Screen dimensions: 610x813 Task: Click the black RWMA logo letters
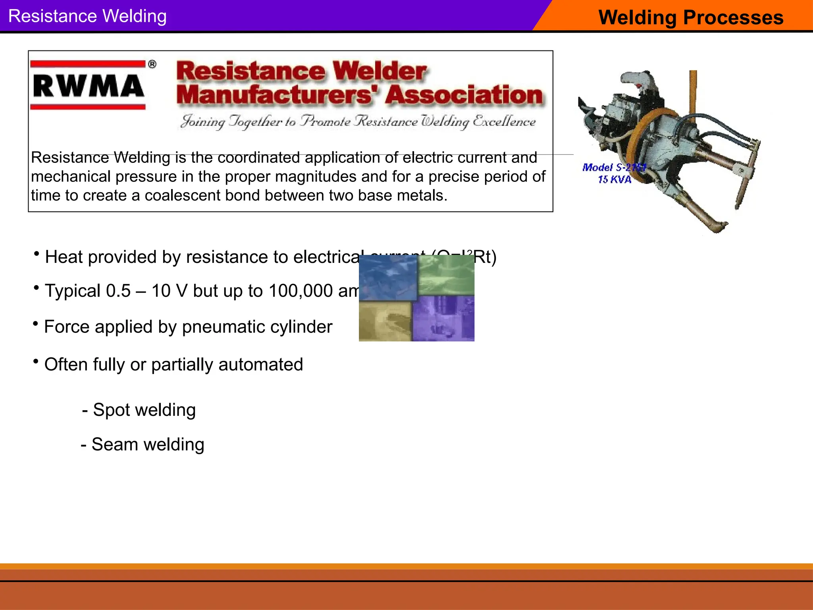click(88, 86)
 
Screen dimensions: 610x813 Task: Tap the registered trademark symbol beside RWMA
click(152, 64)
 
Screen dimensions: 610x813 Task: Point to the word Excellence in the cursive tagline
click(504, 121)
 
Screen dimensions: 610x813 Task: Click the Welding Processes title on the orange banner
click(691, 17)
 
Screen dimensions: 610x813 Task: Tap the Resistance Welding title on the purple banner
click(87, 16)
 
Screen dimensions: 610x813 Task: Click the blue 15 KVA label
click(615, 180)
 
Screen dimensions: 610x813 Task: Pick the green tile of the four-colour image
click(447, 275)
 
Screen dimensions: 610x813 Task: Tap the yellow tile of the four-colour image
click(385, 322)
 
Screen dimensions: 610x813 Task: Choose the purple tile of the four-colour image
click(444, 319)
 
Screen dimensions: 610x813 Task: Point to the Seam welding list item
click(143, 444)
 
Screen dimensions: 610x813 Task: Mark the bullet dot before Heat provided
click(37, 253)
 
